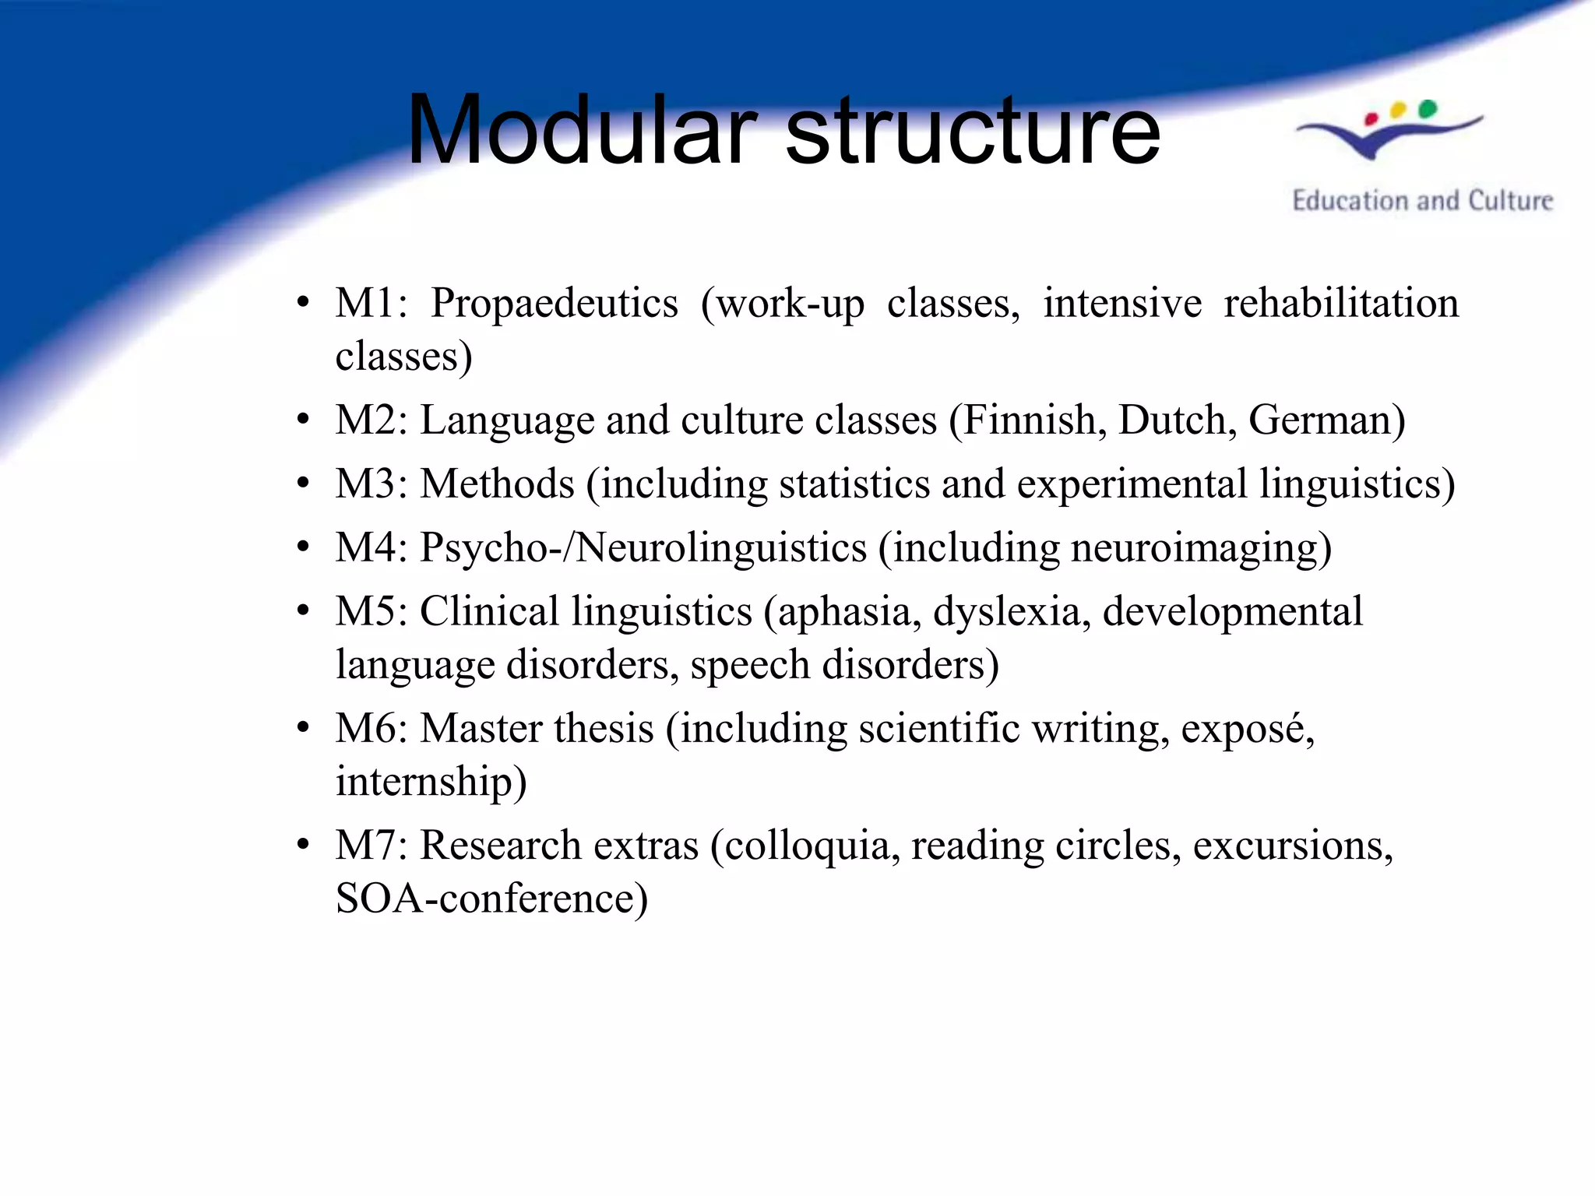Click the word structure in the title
(x=973, y=131)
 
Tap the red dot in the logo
(x=1371, y=119)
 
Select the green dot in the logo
(x=1428, y=108)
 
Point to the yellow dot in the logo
(x=1398, y=110)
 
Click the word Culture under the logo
(x=1510, y=201)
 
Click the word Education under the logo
(x=1352, y=201)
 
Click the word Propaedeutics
(x=554, y=304)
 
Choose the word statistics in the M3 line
(x=854, y=484)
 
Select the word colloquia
(x=805, y=846)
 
